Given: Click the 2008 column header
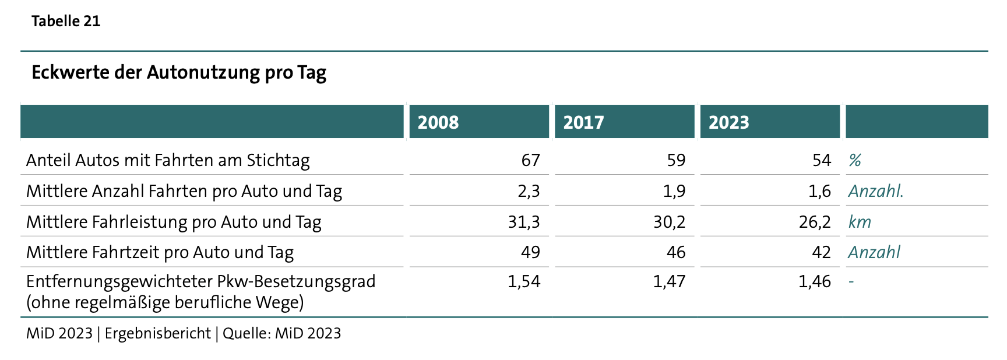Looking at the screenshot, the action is [438, 122].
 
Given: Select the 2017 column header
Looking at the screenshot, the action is [583, 122].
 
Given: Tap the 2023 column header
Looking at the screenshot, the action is [729, 122].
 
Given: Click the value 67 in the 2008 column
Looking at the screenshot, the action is [530, 160].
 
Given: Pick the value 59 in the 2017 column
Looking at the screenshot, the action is [676, 160].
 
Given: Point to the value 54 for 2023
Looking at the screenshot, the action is [822, 160].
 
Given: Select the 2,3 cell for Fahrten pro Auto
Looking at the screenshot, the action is [529, 192].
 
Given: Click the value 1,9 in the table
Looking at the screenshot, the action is [674, 192].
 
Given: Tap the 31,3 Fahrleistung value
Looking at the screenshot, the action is [524, 222].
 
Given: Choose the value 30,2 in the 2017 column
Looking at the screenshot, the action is [670, 222].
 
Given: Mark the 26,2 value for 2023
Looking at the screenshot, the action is [815, 222].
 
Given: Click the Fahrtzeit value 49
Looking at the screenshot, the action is [530, 252].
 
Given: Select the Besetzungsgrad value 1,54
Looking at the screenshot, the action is [524, 282].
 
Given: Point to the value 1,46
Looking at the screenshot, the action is [815, 282].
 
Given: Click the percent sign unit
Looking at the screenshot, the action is [855, 160].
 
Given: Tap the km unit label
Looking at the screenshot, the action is [860, 222].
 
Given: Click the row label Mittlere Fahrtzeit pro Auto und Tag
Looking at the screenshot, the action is [160, 253].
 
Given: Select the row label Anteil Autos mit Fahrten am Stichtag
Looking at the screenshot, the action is [168, 161].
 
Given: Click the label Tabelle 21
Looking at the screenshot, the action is [66, 22].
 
